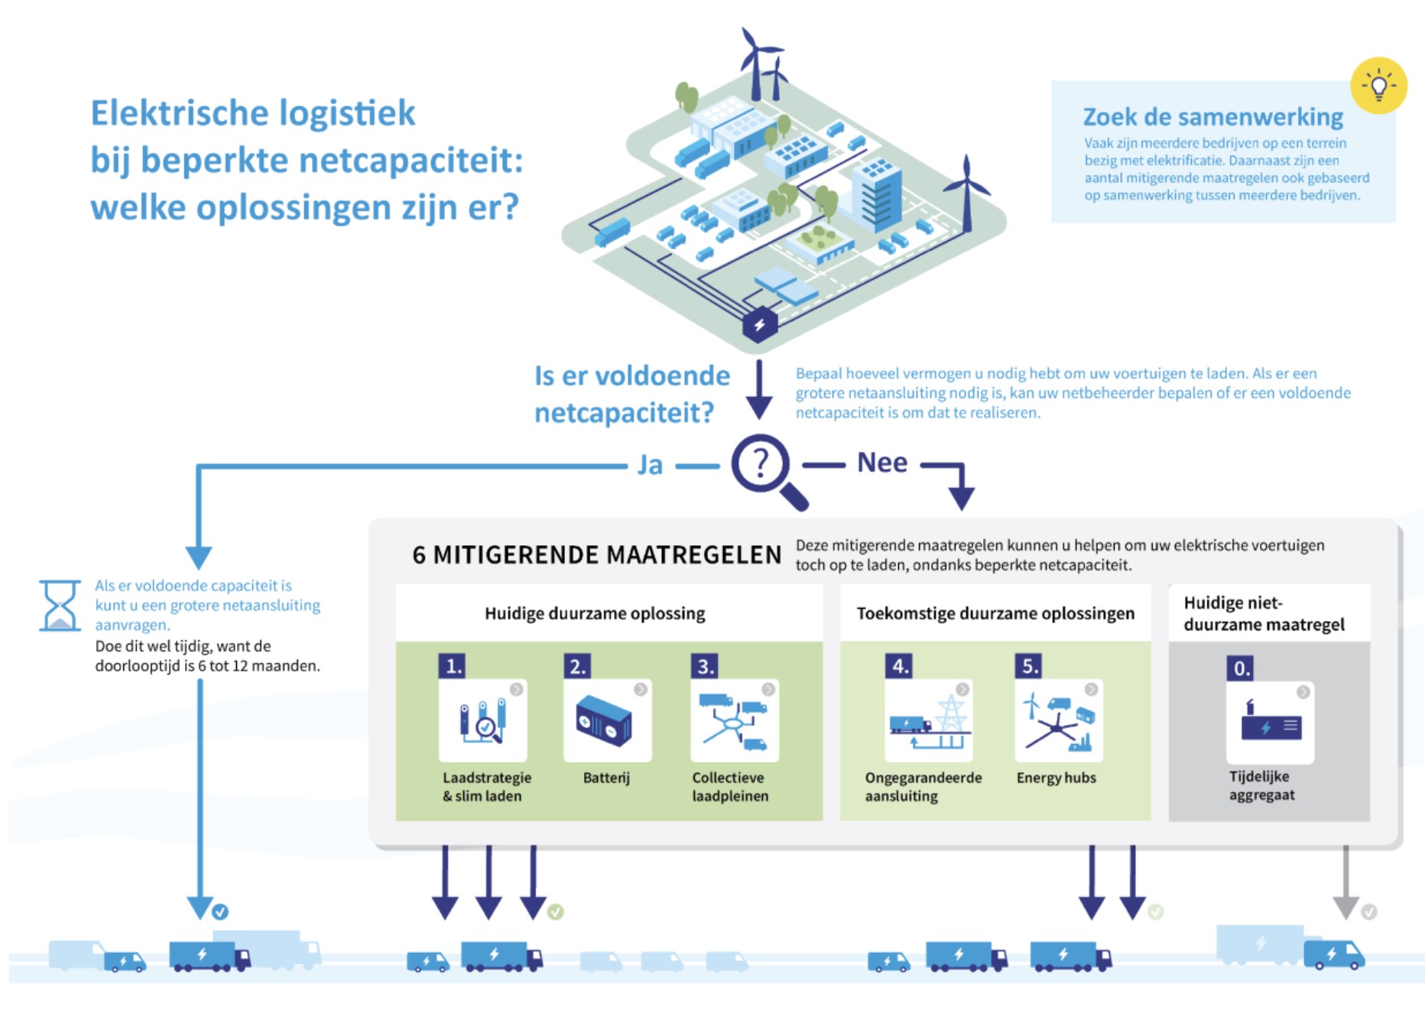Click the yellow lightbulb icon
click(x=1378, y=86)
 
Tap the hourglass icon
click(x=60, y=606)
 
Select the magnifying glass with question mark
click(x=765, y=469)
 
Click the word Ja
click(x=650, y=465)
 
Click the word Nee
click(x=882, y=463)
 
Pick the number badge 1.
click(x=452, y=666)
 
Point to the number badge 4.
click(x=900, y=666)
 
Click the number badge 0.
click(x=1242, y=668)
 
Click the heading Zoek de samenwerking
click(x=1212, y=117)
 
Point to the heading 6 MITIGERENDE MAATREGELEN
click(x=596, y=554)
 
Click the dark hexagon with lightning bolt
click(x=760, y=324)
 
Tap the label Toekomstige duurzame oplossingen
click(x=995, y=613)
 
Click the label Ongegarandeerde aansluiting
click(x=923, y=786)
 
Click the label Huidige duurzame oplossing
click(x=595, y=613)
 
